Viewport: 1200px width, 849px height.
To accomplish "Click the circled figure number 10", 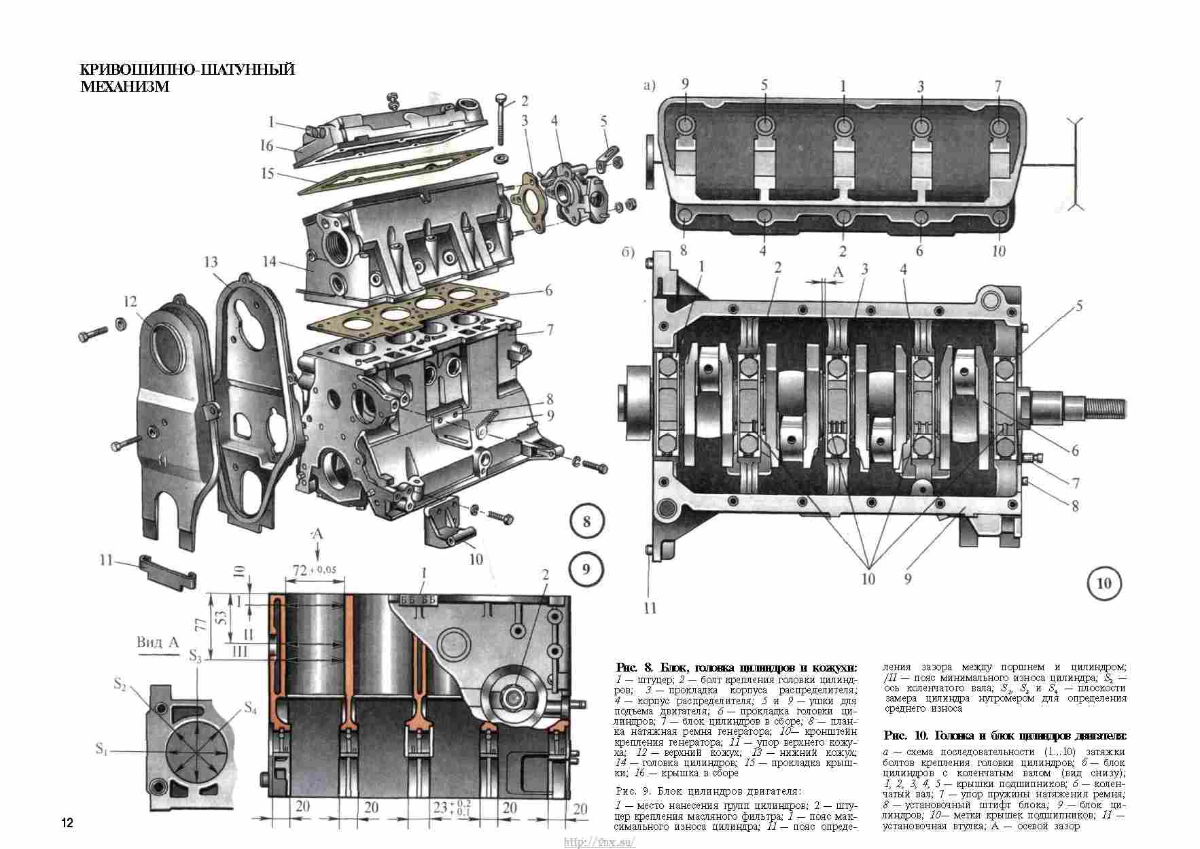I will (1104, 583).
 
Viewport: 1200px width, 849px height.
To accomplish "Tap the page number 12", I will (67, 822).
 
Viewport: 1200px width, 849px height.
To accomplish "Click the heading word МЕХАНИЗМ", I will (124, 86).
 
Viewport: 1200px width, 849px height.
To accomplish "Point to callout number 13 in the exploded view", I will (210, 262).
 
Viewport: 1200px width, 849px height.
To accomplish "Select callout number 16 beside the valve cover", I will (266, 145).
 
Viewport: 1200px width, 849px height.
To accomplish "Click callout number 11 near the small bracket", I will (106, 560).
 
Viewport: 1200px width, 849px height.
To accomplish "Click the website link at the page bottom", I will (599, 843).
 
